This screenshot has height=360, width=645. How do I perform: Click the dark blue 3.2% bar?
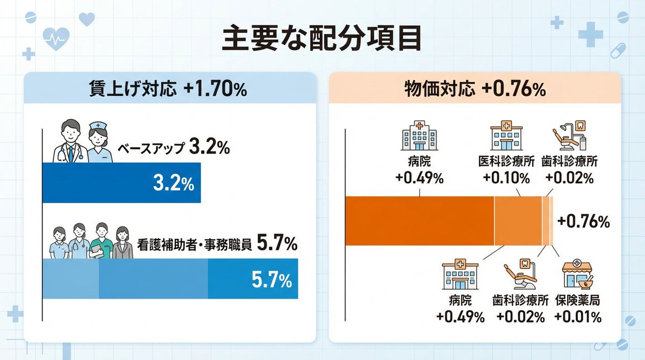(121, 183)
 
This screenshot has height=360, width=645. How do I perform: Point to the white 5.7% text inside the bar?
(271, 279)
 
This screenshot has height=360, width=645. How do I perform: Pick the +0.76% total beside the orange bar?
(583, 221)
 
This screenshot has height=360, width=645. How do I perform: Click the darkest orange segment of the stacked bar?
(419, 221)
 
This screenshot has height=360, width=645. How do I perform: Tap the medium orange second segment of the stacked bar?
(518, 221)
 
